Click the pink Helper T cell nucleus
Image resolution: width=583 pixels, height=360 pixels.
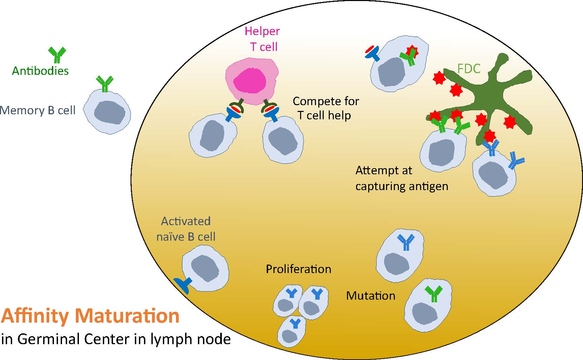[250, 81]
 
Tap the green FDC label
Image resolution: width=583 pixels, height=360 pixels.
[469, 69]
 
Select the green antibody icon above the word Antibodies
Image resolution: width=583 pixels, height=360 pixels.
[57, 55]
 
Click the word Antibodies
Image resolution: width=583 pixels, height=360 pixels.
[40, 71]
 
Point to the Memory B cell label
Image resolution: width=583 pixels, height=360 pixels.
[37, 111]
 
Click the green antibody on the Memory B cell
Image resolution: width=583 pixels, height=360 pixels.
[105, 84]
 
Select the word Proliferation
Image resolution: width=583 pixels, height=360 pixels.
[298, 269]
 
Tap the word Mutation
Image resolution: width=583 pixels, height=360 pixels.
[371, 296]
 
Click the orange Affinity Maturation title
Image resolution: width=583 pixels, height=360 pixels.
[90, 316]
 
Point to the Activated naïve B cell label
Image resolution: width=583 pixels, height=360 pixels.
[186, 229]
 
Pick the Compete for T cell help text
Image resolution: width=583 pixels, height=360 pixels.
[325, 108]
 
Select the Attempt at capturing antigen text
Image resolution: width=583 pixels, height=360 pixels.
[402, 178]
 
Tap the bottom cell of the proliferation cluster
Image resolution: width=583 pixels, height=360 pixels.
[292, 332]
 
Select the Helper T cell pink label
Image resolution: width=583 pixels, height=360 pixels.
[263, 39]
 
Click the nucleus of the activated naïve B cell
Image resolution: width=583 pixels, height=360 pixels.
[205, 268]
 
